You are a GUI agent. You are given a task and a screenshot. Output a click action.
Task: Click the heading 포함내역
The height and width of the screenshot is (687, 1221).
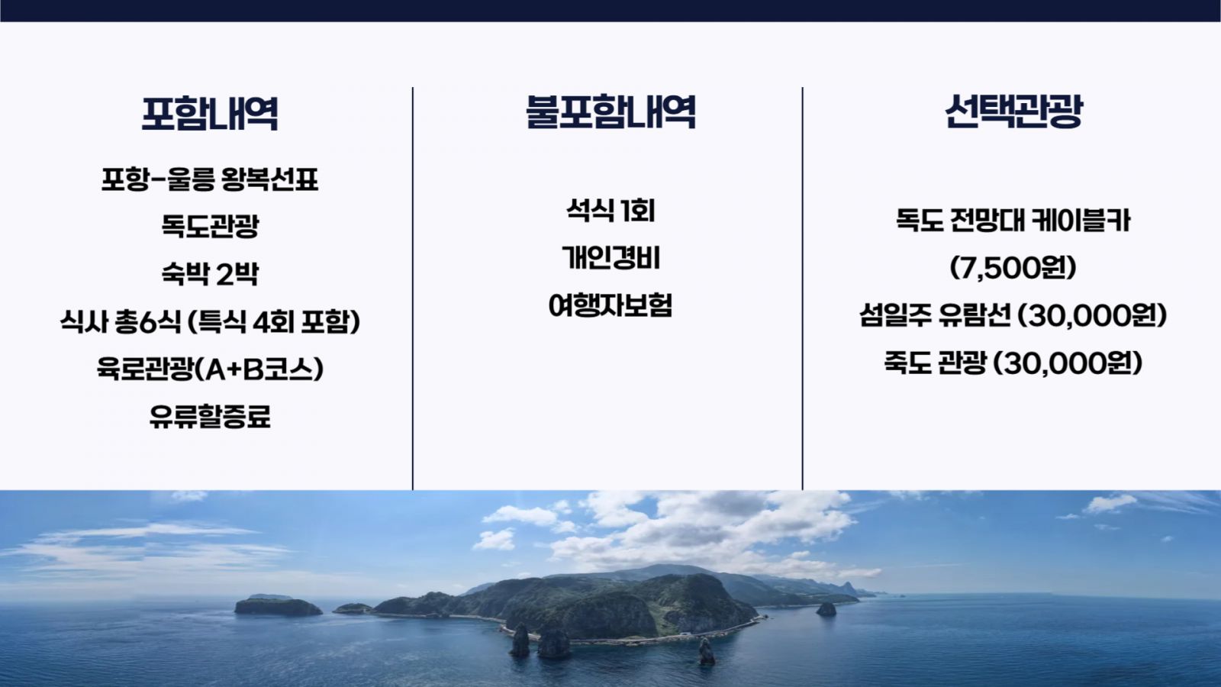click(x=210, y=114)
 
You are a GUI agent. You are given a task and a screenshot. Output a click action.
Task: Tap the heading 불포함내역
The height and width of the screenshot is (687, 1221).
click(x=610, y=111)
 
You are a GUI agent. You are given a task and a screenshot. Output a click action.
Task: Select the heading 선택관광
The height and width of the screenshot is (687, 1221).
click(x=1013, y=111)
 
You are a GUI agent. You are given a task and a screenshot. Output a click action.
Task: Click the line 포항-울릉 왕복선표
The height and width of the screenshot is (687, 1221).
click(x=210, y=179)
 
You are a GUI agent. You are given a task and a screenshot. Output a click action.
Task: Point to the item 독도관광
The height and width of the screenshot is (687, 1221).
click(x=210, y=226)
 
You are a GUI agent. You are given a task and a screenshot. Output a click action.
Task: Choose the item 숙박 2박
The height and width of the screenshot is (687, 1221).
click(x=210, y=273)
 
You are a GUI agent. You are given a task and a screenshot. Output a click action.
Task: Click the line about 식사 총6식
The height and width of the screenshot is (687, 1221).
click(x=210, y=321)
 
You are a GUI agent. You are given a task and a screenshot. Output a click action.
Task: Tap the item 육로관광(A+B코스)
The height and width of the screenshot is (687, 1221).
click(x=210, y=369)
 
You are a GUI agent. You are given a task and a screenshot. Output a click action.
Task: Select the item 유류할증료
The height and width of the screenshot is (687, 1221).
click(x=210, y=417)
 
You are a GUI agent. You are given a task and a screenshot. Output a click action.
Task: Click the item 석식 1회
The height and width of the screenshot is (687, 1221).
click(x=610, y=210)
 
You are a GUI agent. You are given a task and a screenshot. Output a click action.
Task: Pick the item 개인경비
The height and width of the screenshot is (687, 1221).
click(x=610, y=257)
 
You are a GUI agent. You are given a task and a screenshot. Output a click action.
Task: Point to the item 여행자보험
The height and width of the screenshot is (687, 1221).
click(x=610, y=305)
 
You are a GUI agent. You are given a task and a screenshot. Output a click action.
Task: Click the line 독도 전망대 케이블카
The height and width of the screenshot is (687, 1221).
click(x=1013, y=221)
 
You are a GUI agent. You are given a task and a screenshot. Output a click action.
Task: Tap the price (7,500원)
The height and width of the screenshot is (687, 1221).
click(x=1013, y=268)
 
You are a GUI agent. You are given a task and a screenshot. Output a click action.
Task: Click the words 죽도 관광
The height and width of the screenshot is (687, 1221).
click(x=936, y=363)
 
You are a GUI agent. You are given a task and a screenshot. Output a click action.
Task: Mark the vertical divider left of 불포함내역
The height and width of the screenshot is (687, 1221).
click(x=413, y=288)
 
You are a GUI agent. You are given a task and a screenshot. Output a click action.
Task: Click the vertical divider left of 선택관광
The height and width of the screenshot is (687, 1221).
click(x=802, y=288)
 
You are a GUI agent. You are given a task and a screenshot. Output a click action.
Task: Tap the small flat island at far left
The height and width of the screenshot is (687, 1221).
click(x=278, y=606)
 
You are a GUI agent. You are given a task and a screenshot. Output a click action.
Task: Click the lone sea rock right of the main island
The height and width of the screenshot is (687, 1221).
click(x=826, y=609)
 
